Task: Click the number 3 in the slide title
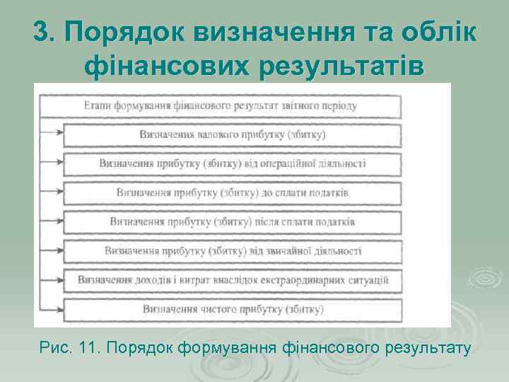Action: (x=42, y=33)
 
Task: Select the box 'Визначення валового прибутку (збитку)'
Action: (x=233, y=135)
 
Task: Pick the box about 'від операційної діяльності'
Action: (x=233, y=163)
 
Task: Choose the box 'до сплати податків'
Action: (x=233, y=192)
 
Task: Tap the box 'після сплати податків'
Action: (x=233, y=221)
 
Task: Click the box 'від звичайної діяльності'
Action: (x=233, y=250)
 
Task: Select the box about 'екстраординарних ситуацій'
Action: (x=233, y=279)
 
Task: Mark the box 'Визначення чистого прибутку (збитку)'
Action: (x=233, y=308)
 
